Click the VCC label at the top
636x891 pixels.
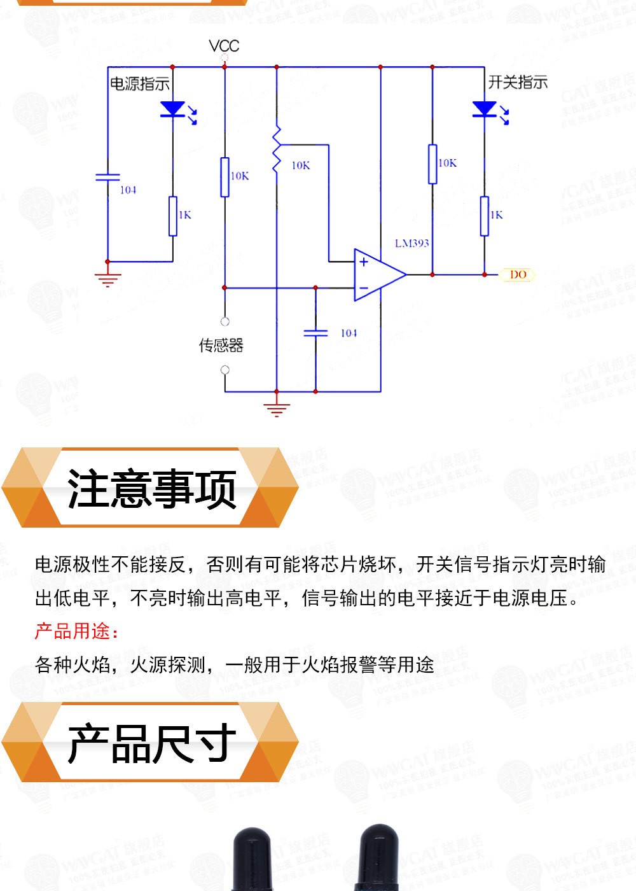(224, 46)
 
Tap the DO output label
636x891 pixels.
(518, 274)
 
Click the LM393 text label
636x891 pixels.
(411, 243)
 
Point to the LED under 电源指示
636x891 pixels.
(173, 109)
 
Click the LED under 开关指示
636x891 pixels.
(485, 109)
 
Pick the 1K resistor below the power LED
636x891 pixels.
(173, 216)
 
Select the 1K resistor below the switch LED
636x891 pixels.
(485, 216)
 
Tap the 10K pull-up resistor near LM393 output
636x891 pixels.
(432, 164)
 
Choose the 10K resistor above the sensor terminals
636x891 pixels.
(225, 177)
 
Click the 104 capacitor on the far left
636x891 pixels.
(107, 176)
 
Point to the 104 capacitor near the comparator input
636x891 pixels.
(315, 333)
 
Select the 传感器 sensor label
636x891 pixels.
(221, 346)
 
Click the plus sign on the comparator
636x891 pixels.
(364, 262)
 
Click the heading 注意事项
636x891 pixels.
(151, 489)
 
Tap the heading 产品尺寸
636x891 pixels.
(151, 743)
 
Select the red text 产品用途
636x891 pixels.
(76, 631)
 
